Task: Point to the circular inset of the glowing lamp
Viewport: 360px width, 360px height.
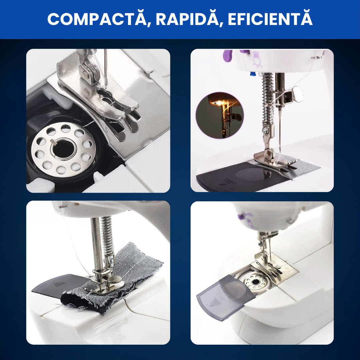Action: [220, 115]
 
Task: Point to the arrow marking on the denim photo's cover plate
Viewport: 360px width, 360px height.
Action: [57, 284]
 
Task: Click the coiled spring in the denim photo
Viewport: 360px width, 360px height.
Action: [108, 236]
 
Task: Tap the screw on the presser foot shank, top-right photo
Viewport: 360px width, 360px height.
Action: [266, 130]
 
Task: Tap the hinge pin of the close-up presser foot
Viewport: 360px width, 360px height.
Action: [85, 74]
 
